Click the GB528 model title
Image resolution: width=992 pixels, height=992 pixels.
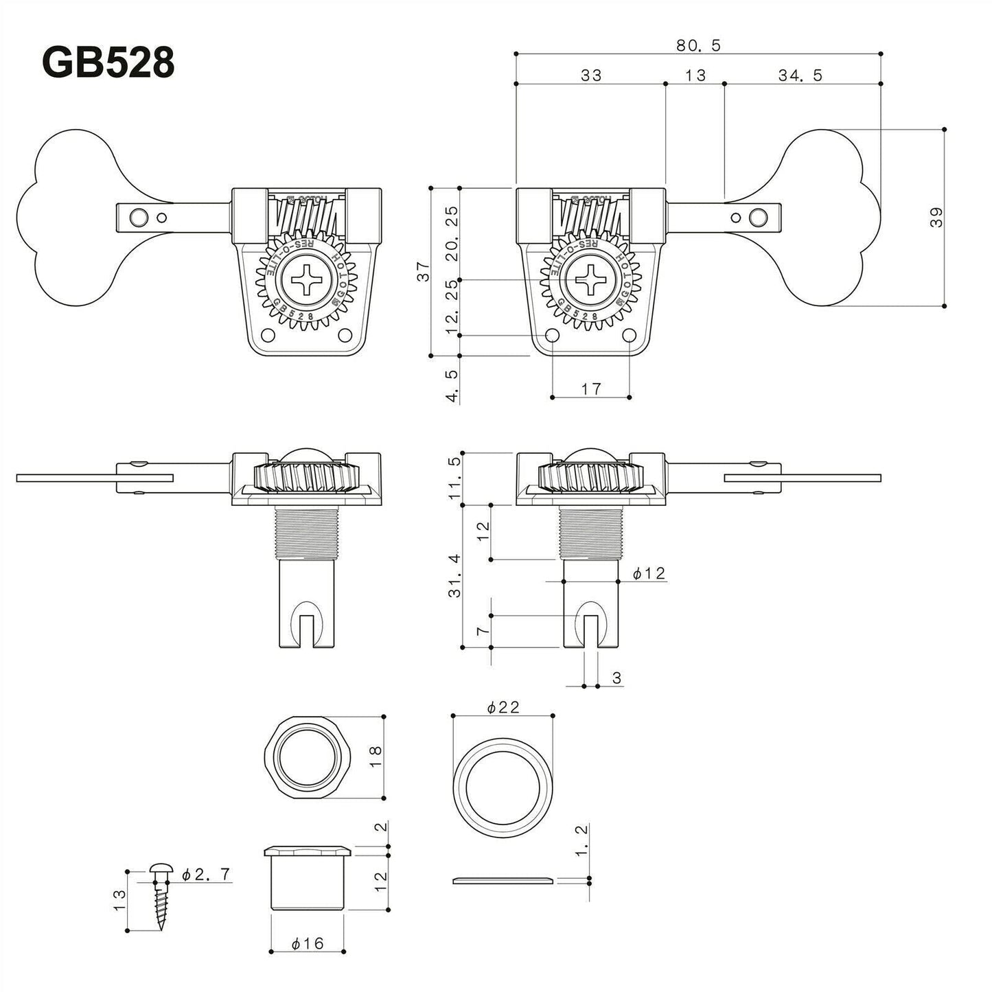click(x=108, y=63)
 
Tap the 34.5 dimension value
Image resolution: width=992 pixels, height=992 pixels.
click(x=800, y=75)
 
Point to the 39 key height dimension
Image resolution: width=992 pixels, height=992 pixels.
click(x=937, y=217)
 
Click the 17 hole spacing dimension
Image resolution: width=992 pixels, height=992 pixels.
click(x=590, y=389)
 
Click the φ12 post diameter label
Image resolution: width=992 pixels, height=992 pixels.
click(x=649, y=573)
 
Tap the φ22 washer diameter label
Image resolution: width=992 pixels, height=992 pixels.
click(x=503, y=707)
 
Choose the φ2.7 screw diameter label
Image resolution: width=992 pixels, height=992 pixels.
click(x=206, y=875)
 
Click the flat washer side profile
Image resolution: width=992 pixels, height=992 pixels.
click(x=503, y=881)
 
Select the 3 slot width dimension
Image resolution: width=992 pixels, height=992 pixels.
click(x=616, y=678)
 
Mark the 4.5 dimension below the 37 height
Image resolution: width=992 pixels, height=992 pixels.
click(x=452, y=387)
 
